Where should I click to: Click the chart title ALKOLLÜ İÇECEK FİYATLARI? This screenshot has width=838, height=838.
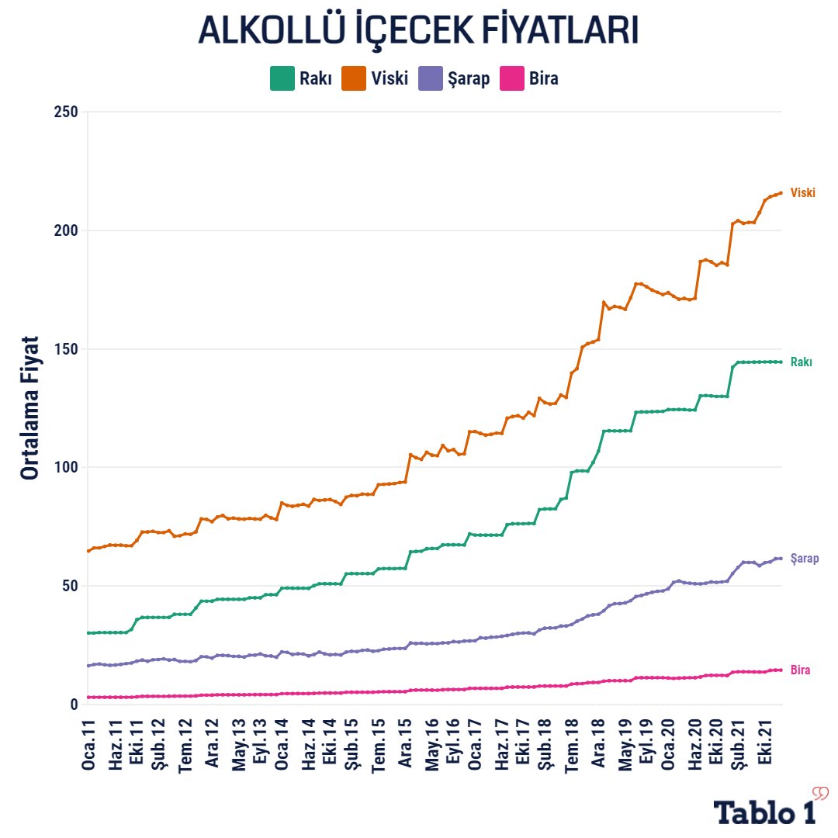click(x=418, y=30)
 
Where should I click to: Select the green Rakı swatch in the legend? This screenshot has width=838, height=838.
click(x=282, y=78)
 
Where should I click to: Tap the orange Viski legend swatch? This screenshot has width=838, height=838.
click(x=353, y=78)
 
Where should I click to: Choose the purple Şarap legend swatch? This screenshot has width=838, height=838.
click(x=431, y=78)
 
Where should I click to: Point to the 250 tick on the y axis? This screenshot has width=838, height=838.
click(x=66, y=113)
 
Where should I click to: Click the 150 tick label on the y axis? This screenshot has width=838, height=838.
click(x=66, y=349)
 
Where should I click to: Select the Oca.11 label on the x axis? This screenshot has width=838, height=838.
click(x=89, y=745)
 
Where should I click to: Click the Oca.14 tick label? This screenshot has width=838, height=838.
click(x=283, y=745)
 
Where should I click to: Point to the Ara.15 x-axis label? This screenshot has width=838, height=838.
click(x=405, y=745)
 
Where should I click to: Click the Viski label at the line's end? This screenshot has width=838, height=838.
click(x=803, y=193)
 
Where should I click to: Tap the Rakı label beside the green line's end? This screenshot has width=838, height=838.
click(x=802, y=362)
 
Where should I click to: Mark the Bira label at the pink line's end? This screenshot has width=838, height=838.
click(x=801, y=670)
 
